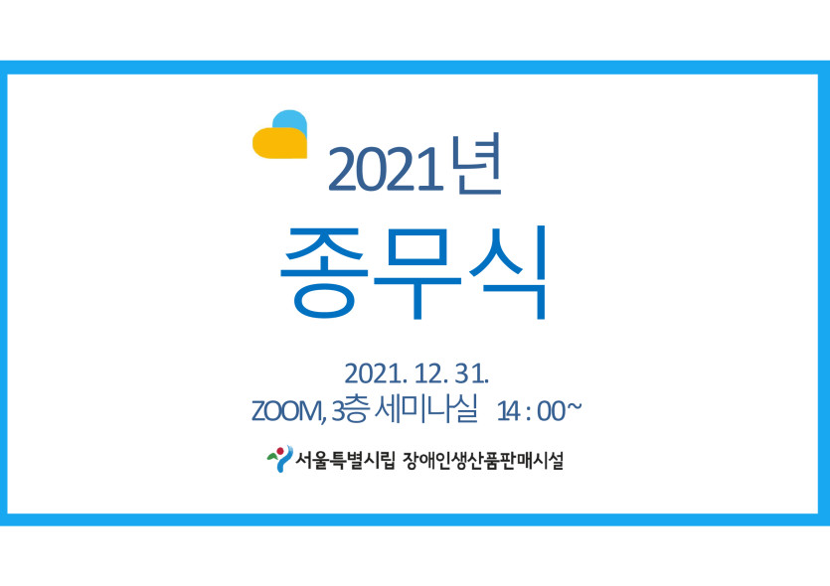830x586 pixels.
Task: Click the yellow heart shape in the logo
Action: [x=279, y=143]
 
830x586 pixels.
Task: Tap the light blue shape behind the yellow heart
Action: [x=291, y=118]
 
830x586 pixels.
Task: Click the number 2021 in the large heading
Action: [x=386, y=170]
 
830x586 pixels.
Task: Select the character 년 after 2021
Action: [x=476, y=165]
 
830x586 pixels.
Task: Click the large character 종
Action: [x=323, y=272]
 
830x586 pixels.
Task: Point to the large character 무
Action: [x=417, y=272]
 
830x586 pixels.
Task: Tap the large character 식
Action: [x=507, y=272]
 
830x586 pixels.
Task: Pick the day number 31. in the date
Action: [x=471, y=373]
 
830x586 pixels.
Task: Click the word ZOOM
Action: [x=286, y=411]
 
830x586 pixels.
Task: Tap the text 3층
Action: [x=349, y=410]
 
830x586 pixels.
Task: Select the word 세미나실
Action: [x=426, y=409]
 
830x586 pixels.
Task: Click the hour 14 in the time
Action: [x=508, y=411]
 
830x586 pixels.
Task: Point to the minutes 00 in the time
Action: [x=551, y=411]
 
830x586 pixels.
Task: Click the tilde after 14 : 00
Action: [x=574, y=408]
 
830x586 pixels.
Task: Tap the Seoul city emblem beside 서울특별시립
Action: [x=279, y=459]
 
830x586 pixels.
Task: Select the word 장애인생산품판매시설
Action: [x=483, y=460]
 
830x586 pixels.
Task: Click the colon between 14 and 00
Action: [x=528, y=413]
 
